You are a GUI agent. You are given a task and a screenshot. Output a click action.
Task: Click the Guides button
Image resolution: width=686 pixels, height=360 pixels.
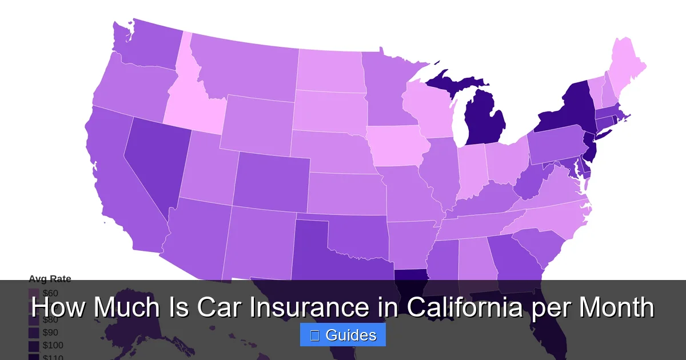[343, 335]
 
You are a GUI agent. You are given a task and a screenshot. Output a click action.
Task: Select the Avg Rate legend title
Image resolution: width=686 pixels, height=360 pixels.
[50, 279]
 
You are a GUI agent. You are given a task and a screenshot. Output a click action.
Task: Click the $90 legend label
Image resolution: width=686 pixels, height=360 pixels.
[50, 333]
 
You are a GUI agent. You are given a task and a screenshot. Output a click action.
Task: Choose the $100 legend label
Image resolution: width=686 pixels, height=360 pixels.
[53, 346]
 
